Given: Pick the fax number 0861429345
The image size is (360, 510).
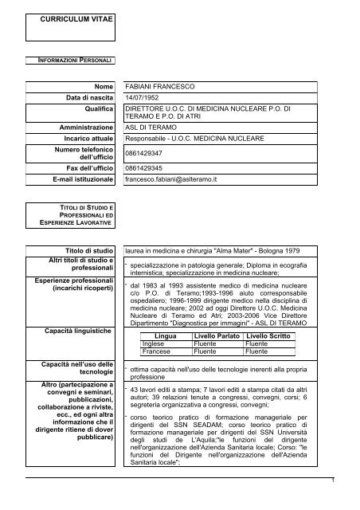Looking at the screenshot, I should pos(148,169).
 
